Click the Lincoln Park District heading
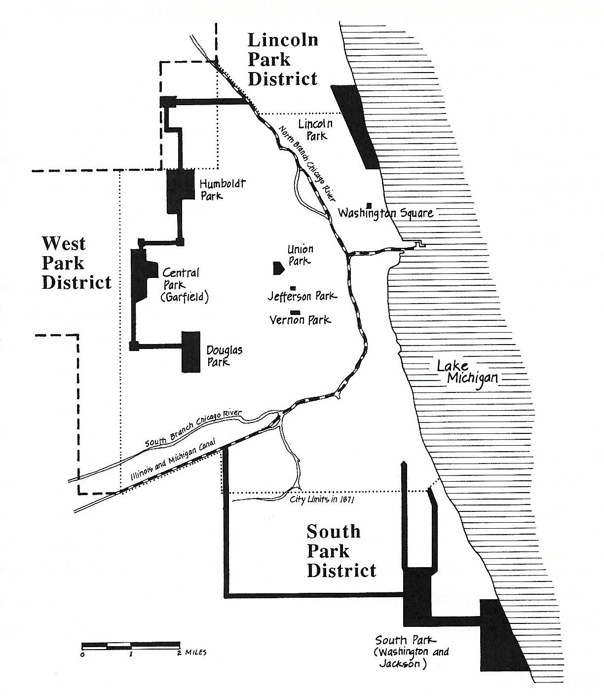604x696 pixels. (x=282, y=60)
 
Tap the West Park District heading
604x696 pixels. (x=76, y=263)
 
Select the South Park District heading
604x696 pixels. (x=341, y=551)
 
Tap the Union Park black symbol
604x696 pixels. (x=278, y=268)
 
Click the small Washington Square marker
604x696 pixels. (x=369, y=205)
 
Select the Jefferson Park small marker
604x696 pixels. (x=293, y=288)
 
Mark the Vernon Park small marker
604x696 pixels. (x=296, y=312)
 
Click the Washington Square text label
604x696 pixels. (x=386, y=213)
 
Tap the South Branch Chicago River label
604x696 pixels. (x=192, y=428)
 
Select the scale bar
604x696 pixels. (x=131, y=645)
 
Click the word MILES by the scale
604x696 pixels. (x=196, y=653)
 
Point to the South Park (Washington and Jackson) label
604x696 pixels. (x=412, y=652)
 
